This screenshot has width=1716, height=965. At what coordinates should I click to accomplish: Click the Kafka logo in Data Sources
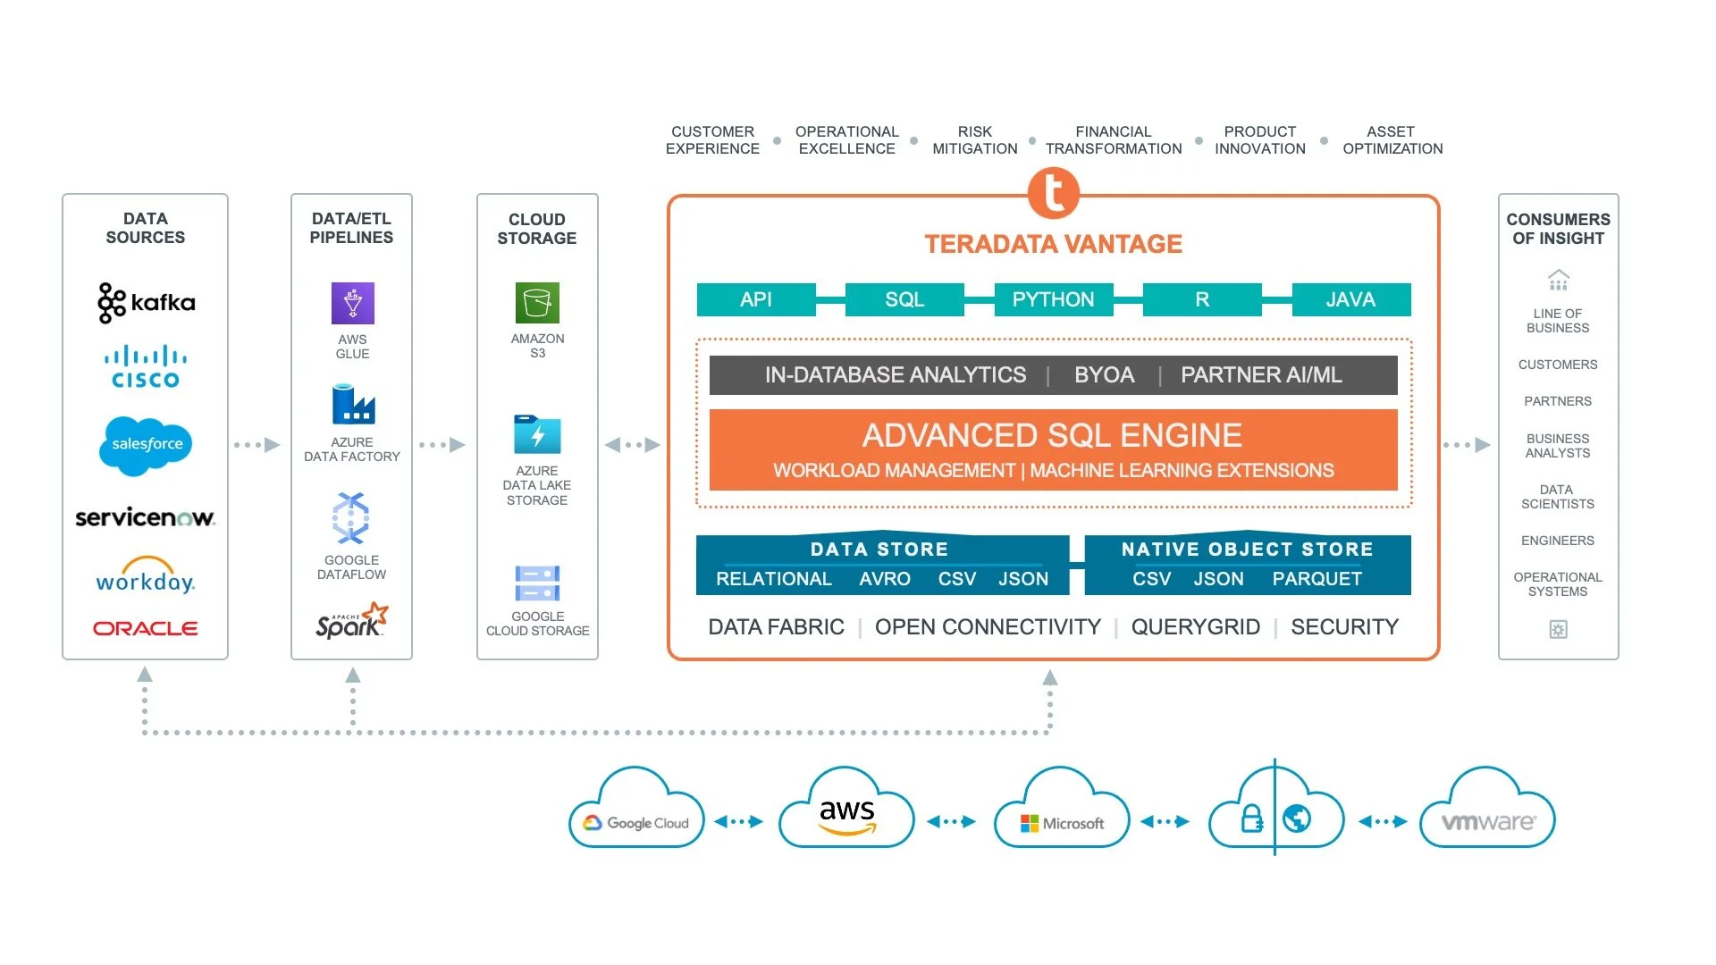pyautogui.click(x=146, y=303)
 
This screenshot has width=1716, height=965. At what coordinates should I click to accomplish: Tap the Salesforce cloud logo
pyautogui.click(x=146, y=444)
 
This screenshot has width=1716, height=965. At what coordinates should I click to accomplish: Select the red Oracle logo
pyautogui.click(x=146, y=628)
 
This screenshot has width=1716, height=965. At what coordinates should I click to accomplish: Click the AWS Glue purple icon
pyautogui.click(x=352, y=303)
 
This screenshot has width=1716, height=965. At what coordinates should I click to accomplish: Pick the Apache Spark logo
pyautogui.click(x=351, y=620)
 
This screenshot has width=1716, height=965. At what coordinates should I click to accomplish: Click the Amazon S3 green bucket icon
pyautogui.click(x=537, y=303)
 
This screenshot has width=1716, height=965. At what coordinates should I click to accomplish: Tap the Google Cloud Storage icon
pyautogui.click(x=537, y=583)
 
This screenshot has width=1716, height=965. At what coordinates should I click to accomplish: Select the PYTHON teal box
pyautogui.click(x=1053, y=299)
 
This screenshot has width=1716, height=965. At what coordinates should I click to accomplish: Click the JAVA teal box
pyautogui.click(x=1350, y=299)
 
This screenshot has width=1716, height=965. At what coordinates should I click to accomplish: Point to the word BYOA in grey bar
pyautogui.click(x=1104, y=375)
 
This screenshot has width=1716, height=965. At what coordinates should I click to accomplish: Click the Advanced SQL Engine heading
pyautogui.click(x=1052, y=435)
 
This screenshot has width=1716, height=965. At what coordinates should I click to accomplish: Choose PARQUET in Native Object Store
pyautogui.click(x=1316, y=579)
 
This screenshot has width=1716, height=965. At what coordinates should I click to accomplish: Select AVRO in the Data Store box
pyautogui.click(x=884, y=579)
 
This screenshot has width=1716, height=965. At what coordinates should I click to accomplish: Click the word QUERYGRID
pyautogui.click(x=1195, y=627)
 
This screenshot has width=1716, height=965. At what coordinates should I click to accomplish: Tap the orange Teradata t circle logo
pyautogui.click(x=1053, y=193)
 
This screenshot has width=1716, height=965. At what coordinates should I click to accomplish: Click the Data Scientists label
pyautogui.click(x=1557, y=497)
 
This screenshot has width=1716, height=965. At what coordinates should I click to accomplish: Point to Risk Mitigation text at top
pyautogui.click(x=974, y=140)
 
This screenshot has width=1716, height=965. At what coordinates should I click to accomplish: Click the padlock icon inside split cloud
pyautogui.click(x=1251, y=818)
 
